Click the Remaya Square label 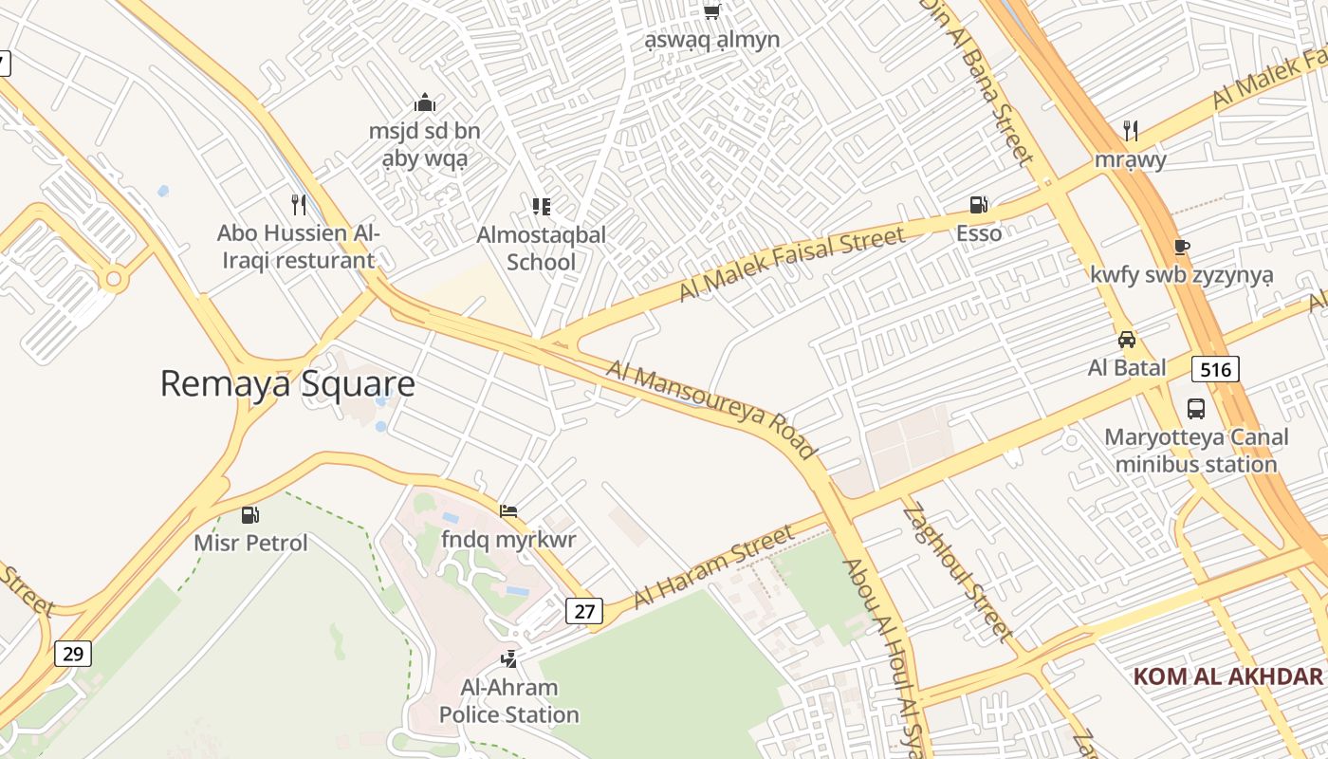[x=287, y=384]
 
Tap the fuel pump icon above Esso [x=978, y=204]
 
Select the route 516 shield [x=1215, y=369]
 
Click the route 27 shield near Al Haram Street [x=583, y=611]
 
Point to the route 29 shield [x=73, y=653]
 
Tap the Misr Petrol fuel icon [x=250, y=515]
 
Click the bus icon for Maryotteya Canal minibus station [x=1196, y=409]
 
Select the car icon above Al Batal [x=1127, y=340]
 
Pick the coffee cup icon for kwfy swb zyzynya [x=1181, y=247]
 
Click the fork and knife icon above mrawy [x=1130, y=130]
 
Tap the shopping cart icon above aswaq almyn [x=711, y=11]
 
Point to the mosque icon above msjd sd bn [x=424, y=102]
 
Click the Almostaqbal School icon [x=541, y=206]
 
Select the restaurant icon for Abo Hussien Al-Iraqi [x=299, y=204]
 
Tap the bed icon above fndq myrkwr [x=508, y=511]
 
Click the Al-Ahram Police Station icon [x=508, y=658]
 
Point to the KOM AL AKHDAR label [x=1227, y=676]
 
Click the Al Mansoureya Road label [x=711, y=409]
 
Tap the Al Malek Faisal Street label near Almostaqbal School [x=792, y=265]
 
